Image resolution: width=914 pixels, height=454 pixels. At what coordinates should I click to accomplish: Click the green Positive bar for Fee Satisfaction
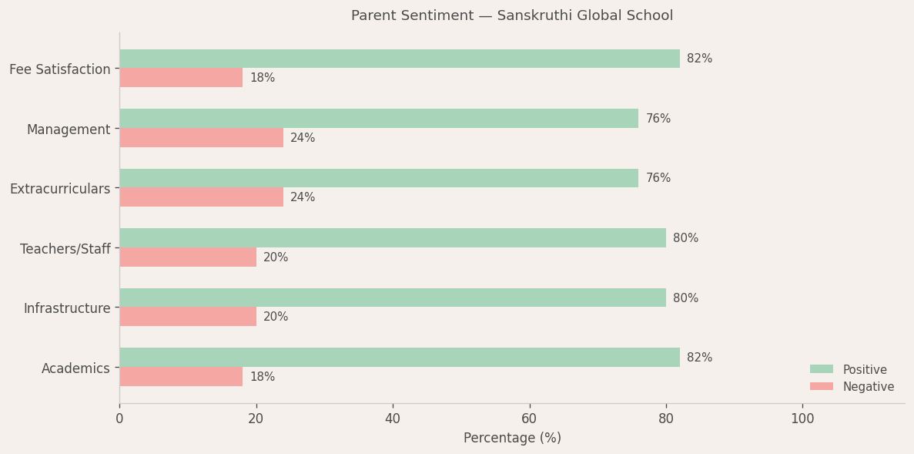pyautogui.click(x=399, y=59)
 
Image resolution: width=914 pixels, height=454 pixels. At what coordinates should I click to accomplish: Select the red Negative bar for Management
pyautogui.click(x=201, y=138)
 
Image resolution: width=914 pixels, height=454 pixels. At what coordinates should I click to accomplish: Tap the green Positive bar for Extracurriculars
pyautogui.click(x=379, y=178)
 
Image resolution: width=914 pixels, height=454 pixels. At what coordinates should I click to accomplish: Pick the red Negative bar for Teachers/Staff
pyautogui.click(x=187, y=257)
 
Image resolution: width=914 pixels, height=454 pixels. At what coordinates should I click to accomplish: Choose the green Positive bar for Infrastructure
pyautogui.click(x=392, y=298)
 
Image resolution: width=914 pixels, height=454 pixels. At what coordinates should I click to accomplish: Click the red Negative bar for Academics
pyautogui.click(x=181, y=377)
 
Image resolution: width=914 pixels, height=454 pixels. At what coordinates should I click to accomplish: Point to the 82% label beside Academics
pyautogui.click(x=699, y=358)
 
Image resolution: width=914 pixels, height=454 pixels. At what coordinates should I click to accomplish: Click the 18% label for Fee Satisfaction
pyautogui.click(x=262, y=78)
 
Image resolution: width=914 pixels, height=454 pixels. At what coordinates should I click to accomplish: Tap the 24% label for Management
pyautogui.click(x=303, y=138)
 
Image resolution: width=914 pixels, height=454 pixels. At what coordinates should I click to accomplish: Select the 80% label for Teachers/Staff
pyautogui.click(x=685, y=238)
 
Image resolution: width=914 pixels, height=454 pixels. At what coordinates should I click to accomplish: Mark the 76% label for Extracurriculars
pyautogui.click(x=658, y=178)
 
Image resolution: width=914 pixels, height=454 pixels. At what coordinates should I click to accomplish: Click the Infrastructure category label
pyautogui.click(x=67, y=308)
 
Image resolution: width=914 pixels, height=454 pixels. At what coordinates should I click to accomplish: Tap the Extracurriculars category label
pyautogui.click(x=60, y=189)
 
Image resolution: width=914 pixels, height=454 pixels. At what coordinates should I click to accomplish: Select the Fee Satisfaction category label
pyautogui.click(x=60, y=69)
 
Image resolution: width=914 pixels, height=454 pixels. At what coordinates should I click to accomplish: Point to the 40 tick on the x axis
pyautogui.click(x=393, y=419)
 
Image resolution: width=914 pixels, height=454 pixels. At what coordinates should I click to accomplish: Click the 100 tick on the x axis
pyautogui.click(x=802, y=419)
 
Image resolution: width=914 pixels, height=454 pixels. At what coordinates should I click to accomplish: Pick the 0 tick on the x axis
pyautogui.click(x=119, y=419)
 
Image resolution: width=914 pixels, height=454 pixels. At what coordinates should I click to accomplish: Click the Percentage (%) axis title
pyautogui.click(x=512, y=438)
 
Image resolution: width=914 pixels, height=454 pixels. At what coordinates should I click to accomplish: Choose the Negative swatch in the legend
pyautogui.click(x=822, y=387)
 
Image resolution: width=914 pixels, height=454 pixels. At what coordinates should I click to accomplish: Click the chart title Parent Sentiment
pyautogui.click(x=512, y=16)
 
